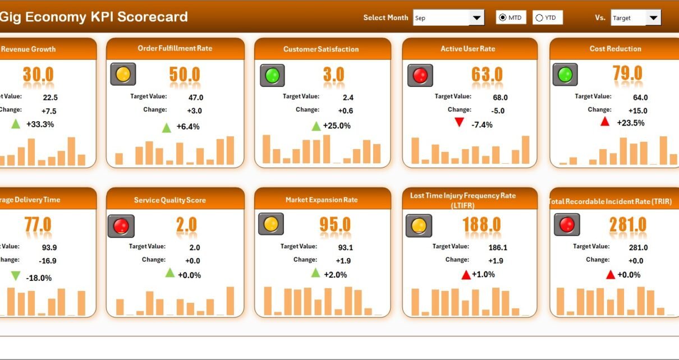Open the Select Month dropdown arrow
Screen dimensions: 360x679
[x=477, y=18]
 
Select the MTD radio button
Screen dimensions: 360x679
[x=502, y=18]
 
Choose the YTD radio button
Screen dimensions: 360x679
[x=539, y=18]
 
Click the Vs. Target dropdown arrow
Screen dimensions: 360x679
[x=653, y=18]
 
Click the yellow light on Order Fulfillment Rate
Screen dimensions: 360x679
[x=123, y=74]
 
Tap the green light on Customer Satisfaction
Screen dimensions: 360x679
[x=272, y=75]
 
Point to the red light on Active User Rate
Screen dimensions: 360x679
[x=419, y=75]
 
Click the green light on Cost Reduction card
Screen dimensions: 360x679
[x=565, y=75]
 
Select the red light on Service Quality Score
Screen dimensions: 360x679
[x=121, y=226]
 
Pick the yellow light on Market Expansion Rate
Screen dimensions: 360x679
[x=270, y=224]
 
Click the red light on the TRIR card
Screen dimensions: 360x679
[x=567, y=225]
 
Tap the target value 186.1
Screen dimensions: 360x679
[x=498, y=247]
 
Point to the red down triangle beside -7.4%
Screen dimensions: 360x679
[x=460, y=122]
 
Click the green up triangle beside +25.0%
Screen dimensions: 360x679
[x=316, y=126]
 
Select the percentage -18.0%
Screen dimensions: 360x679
[x=39, y=278]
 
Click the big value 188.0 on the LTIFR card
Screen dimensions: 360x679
[x=482, y=225]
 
